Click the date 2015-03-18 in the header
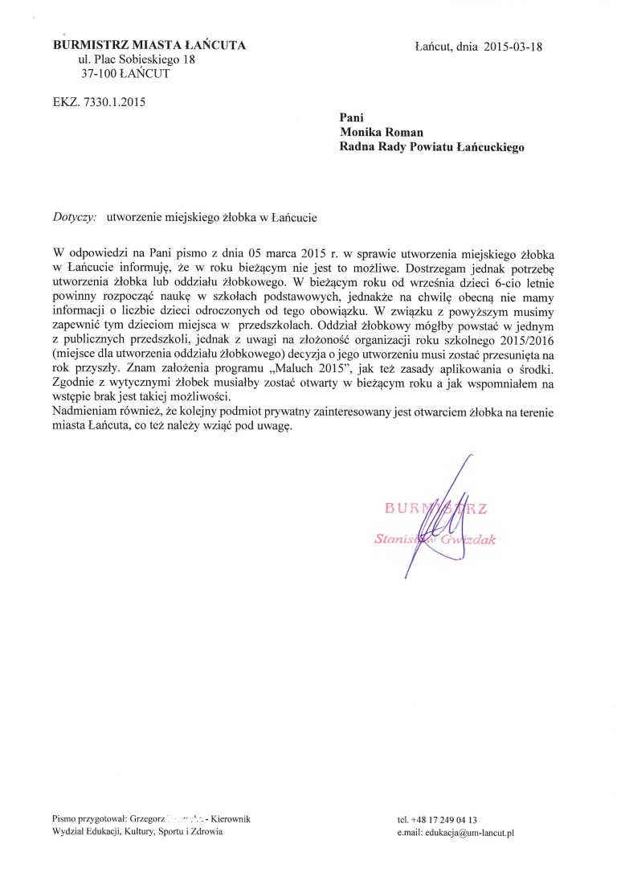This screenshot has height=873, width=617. pyautogui.click(x=514, y=46)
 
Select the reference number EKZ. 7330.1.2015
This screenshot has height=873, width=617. pyautogui.click(x=99, y=101)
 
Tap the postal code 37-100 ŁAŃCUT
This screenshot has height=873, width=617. pyautogui.click(x=125, y=74)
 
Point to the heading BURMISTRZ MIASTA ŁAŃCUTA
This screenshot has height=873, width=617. pyautogui.click(x=149, y=45)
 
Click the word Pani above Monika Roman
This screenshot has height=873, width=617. pyautogui.click(x=352, y=117)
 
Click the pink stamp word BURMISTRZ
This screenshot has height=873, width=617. pyautogui.click(x=441, y=506)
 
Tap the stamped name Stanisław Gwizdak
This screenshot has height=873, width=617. pyautogui.click(x=435, y=539)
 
